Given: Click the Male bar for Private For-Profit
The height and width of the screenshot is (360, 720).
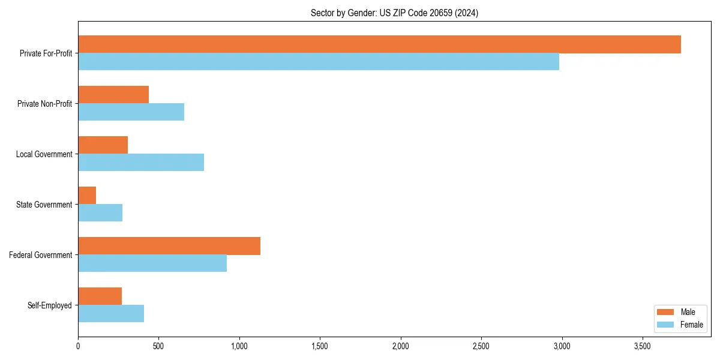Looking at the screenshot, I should [x=379, y=44].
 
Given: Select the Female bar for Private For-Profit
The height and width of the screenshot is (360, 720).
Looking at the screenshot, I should [x=319, y=62].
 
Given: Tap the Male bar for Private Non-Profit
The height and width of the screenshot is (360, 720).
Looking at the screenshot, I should [x=113, y=95].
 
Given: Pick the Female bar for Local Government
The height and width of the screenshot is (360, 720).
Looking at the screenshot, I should [x=141, y=163].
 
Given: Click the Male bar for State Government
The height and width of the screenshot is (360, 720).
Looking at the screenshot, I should [x=87, y=196].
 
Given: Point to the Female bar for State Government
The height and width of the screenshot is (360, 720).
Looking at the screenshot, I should [x=100, y=213].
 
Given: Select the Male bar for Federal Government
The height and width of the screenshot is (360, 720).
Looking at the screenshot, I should [x=169, y=246].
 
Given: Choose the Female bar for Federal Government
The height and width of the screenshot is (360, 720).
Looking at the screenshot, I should [x=152, y=263].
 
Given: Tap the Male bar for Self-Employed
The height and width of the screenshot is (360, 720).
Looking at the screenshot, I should [x=100, y=296].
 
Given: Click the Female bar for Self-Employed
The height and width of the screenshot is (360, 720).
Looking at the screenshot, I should [x=111, y=314].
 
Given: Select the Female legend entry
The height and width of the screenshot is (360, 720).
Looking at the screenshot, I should [x=681, y=325].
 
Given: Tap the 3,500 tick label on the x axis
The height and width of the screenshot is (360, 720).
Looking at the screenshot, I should [x=642, y=347].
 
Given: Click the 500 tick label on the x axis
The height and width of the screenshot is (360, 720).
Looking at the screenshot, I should [x=158, y=347].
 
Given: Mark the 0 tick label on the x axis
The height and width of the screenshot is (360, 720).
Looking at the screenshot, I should [x=78, y=347].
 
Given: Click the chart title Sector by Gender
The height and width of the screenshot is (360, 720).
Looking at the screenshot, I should [x=394, y=13].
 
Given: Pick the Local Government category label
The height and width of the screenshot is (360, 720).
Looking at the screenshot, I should [x=44, y=154].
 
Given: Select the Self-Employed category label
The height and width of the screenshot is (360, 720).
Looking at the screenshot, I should [x=49, y=305].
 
